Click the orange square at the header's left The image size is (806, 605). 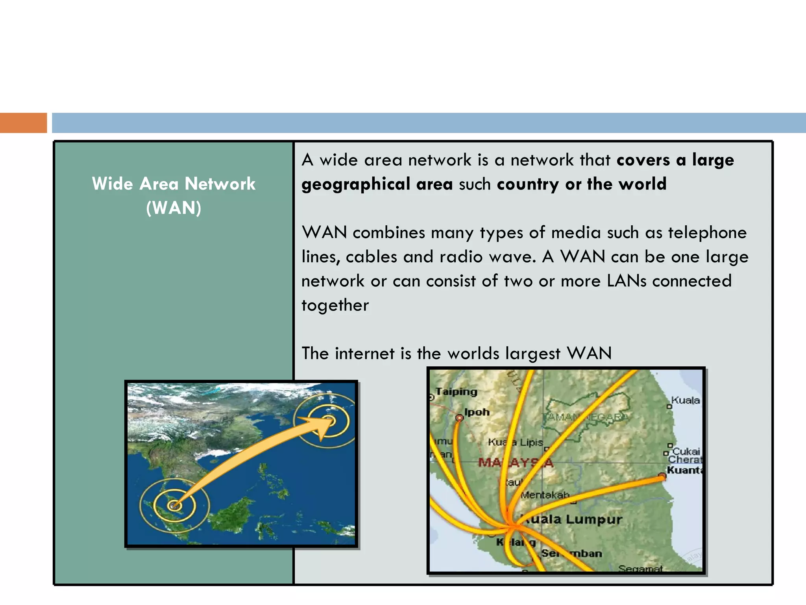[x=23, y=123]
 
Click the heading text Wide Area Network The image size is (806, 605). [x=174, y=184]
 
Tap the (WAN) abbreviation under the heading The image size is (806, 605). [x=174, y=208]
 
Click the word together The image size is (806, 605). [x=335, y=306]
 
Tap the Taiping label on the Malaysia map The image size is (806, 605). [x=456, y=392]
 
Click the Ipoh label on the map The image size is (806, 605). [x=477, y=412]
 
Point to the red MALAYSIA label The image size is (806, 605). [x=516, y=462]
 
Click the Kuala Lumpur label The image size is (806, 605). [x=575, y=519]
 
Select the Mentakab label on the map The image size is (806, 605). [x=545, y=495]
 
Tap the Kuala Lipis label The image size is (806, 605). [x=516, y=442]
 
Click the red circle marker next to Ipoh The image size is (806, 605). [x=459, y=418]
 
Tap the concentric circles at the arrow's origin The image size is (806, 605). [x=174, y=505]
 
